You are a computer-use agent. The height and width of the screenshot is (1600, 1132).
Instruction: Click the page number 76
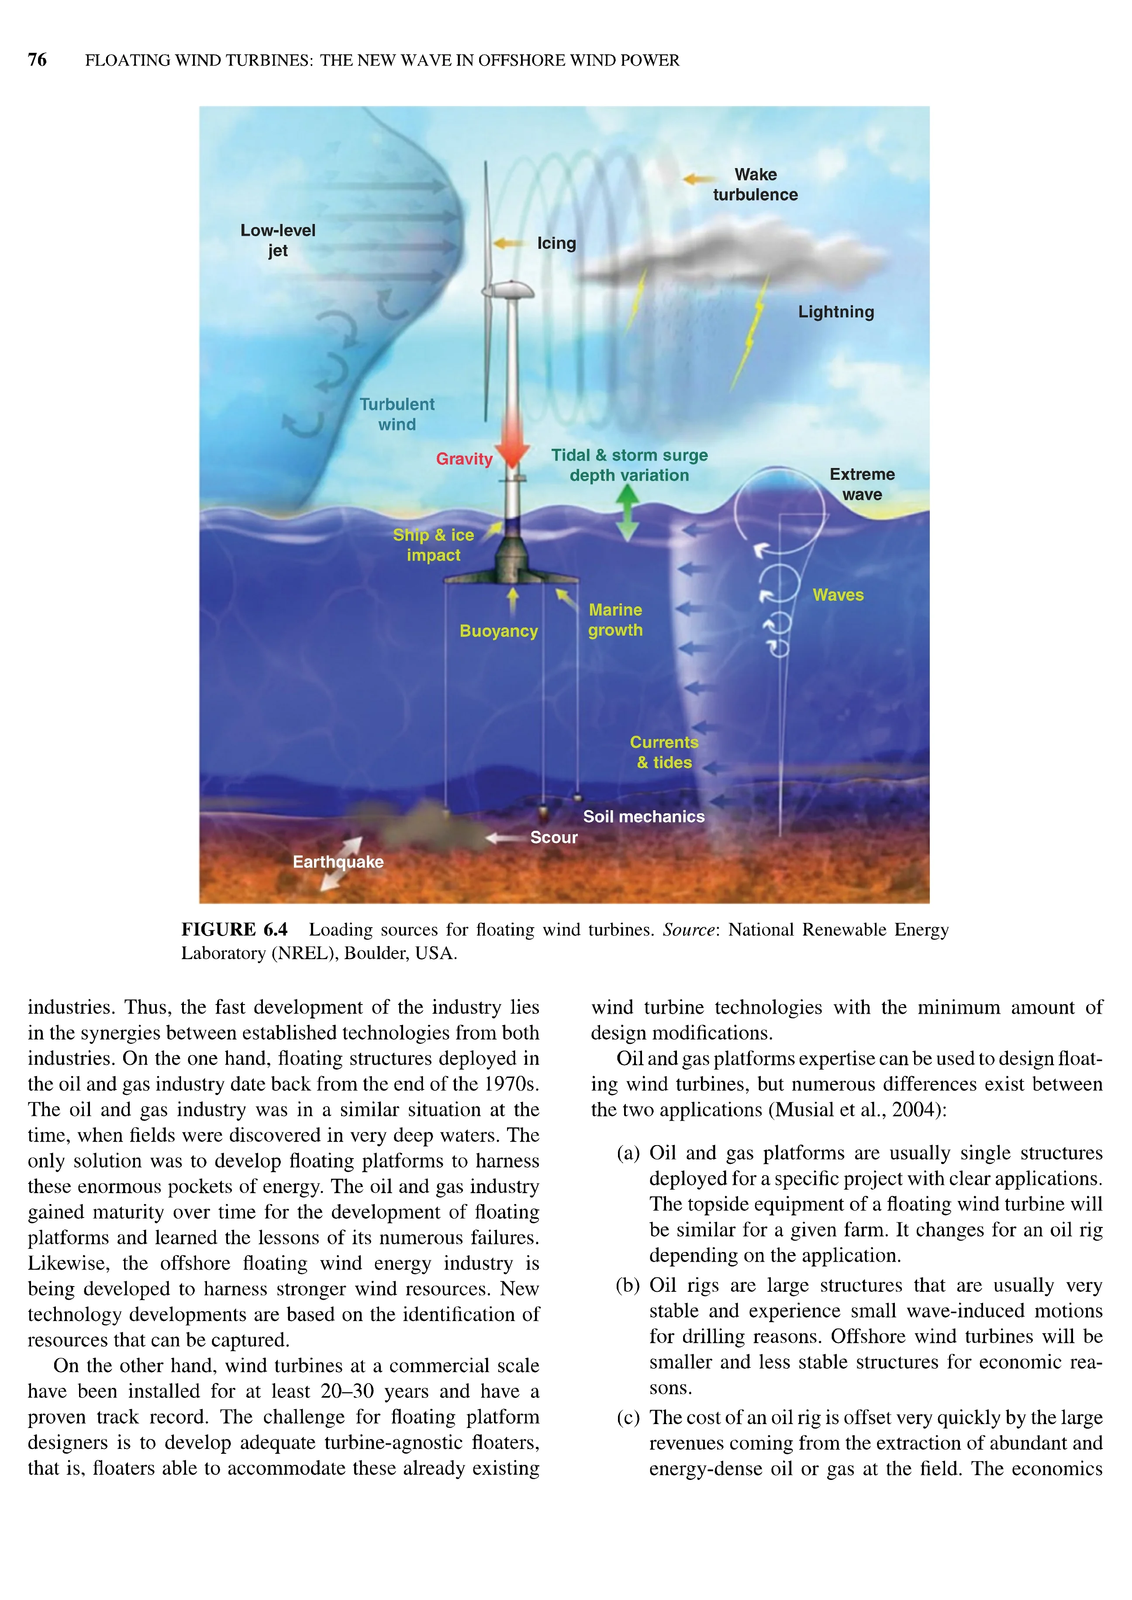[37, 60]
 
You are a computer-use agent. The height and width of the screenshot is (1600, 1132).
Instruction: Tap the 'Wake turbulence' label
[755, 185]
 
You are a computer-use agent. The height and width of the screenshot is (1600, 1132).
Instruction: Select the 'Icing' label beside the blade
[556, 243]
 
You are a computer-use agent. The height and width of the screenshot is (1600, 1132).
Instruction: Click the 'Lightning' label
[836, 312]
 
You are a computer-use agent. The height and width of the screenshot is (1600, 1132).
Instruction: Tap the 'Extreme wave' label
[862, 484]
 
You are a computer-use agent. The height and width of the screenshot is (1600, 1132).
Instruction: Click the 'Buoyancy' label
[498, 631]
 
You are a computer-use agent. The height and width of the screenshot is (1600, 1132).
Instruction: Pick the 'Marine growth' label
[615, 620]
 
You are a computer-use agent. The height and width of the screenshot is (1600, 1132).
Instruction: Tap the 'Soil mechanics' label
[643, 817]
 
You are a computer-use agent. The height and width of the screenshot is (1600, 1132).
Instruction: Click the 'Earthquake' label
[338, 862]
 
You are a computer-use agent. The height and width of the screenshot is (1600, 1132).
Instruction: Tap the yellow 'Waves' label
[838, 595]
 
